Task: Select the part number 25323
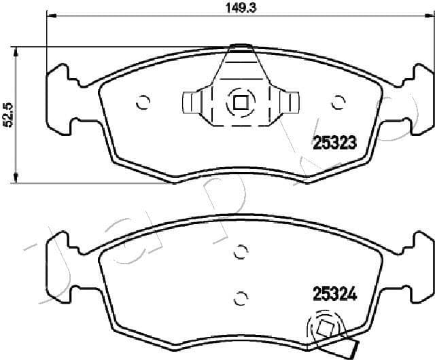click(334, 143)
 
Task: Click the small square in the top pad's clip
click(239, 103)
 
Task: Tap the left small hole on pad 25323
click(143, 103)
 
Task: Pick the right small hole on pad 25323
click(336, 103)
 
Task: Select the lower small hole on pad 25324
click(239, 297)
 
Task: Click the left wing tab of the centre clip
click(193, 103)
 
